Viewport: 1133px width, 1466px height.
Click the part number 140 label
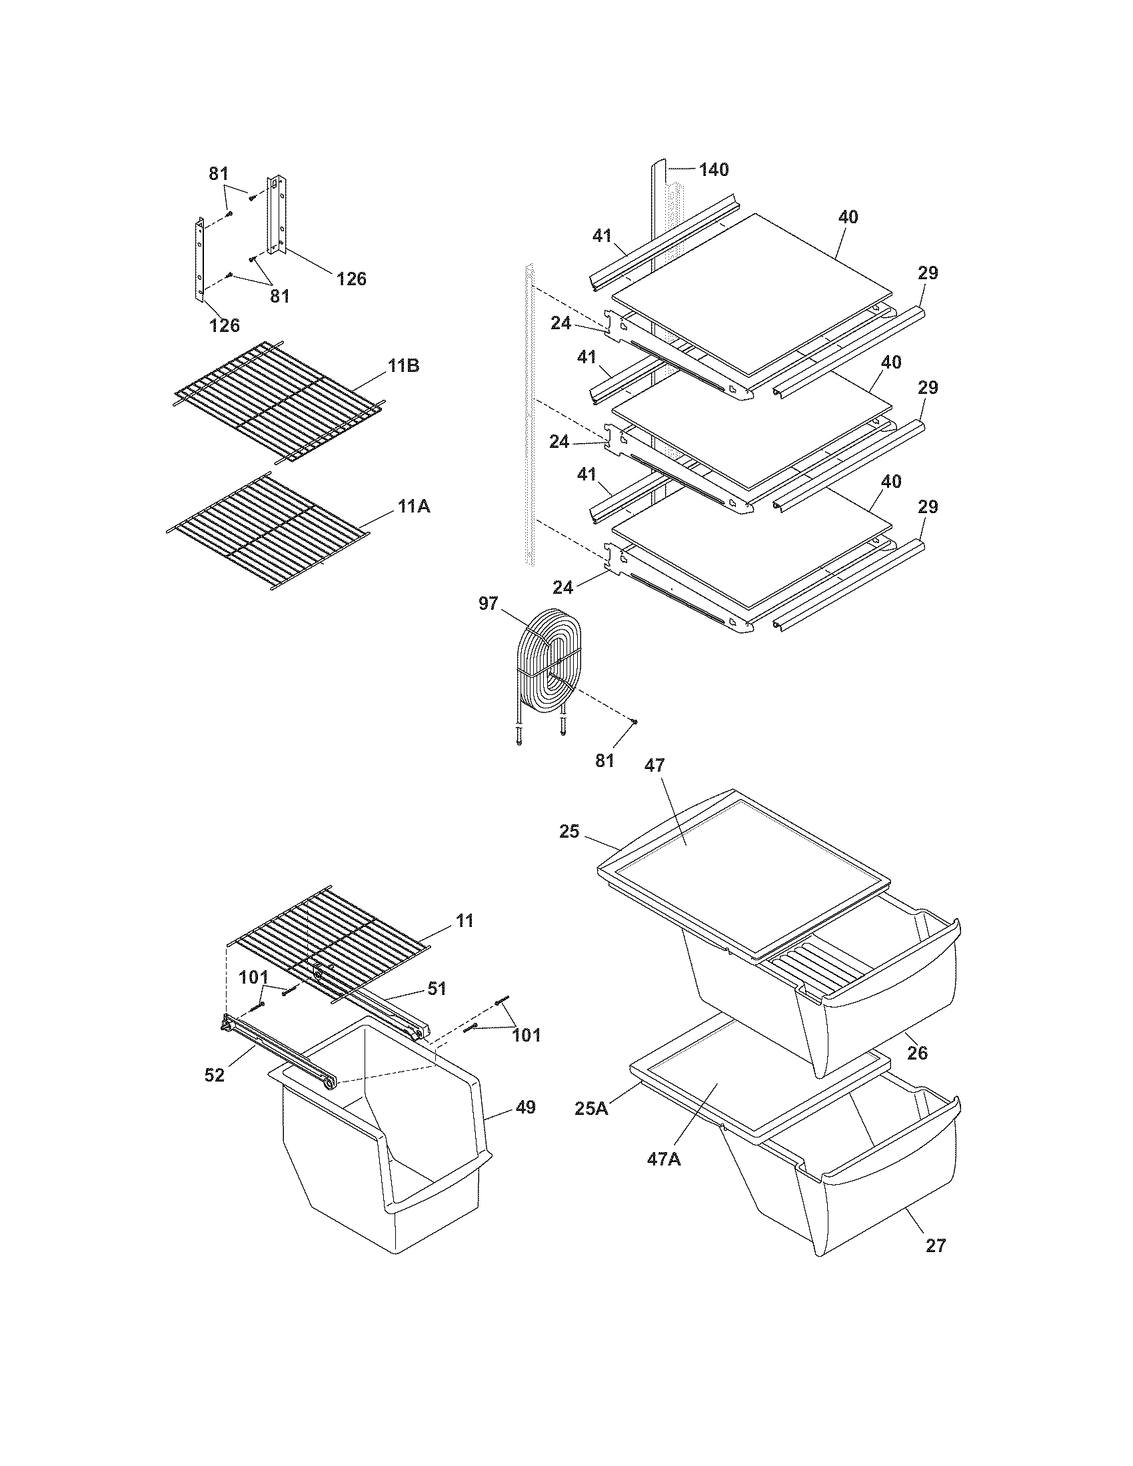click(714, 170)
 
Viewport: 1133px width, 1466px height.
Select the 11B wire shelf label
click(403, 366)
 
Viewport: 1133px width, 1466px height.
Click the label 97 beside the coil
click(489, 604)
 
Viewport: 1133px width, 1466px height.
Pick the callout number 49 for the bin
click(526, 1107)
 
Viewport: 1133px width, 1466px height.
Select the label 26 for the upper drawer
click(917, 1053)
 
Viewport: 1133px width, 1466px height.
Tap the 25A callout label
click(592, 1108)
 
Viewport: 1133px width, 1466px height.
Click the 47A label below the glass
click(664, 1159)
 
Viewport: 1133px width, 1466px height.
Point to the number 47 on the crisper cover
click(654, 765)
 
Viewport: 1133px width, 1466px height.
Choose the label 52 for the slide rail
click(215, 1076)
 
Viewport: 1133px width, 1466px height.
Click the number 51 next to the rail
click(437, 988)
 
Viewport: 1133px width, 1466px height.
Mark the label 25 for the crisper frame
click(569, 832)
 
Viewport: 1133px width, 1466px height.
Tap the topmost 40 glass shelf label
click(848, 217)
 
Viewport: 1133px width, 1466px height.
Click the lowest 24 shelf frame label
click(563, 587)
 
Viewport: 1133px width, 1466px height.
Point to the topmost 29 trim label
click(928, 273)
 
